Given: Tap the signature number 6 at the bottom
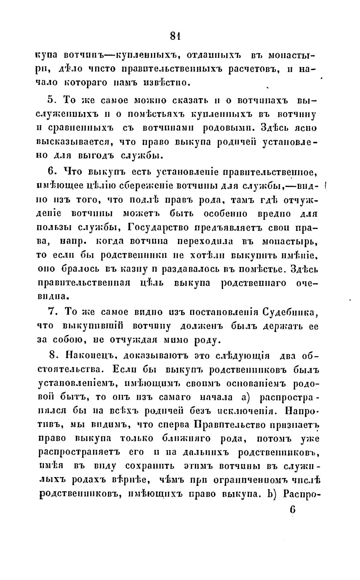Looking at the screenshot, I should point(292,510).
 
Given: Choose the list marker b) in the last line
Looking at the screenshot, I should point(271,493).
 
